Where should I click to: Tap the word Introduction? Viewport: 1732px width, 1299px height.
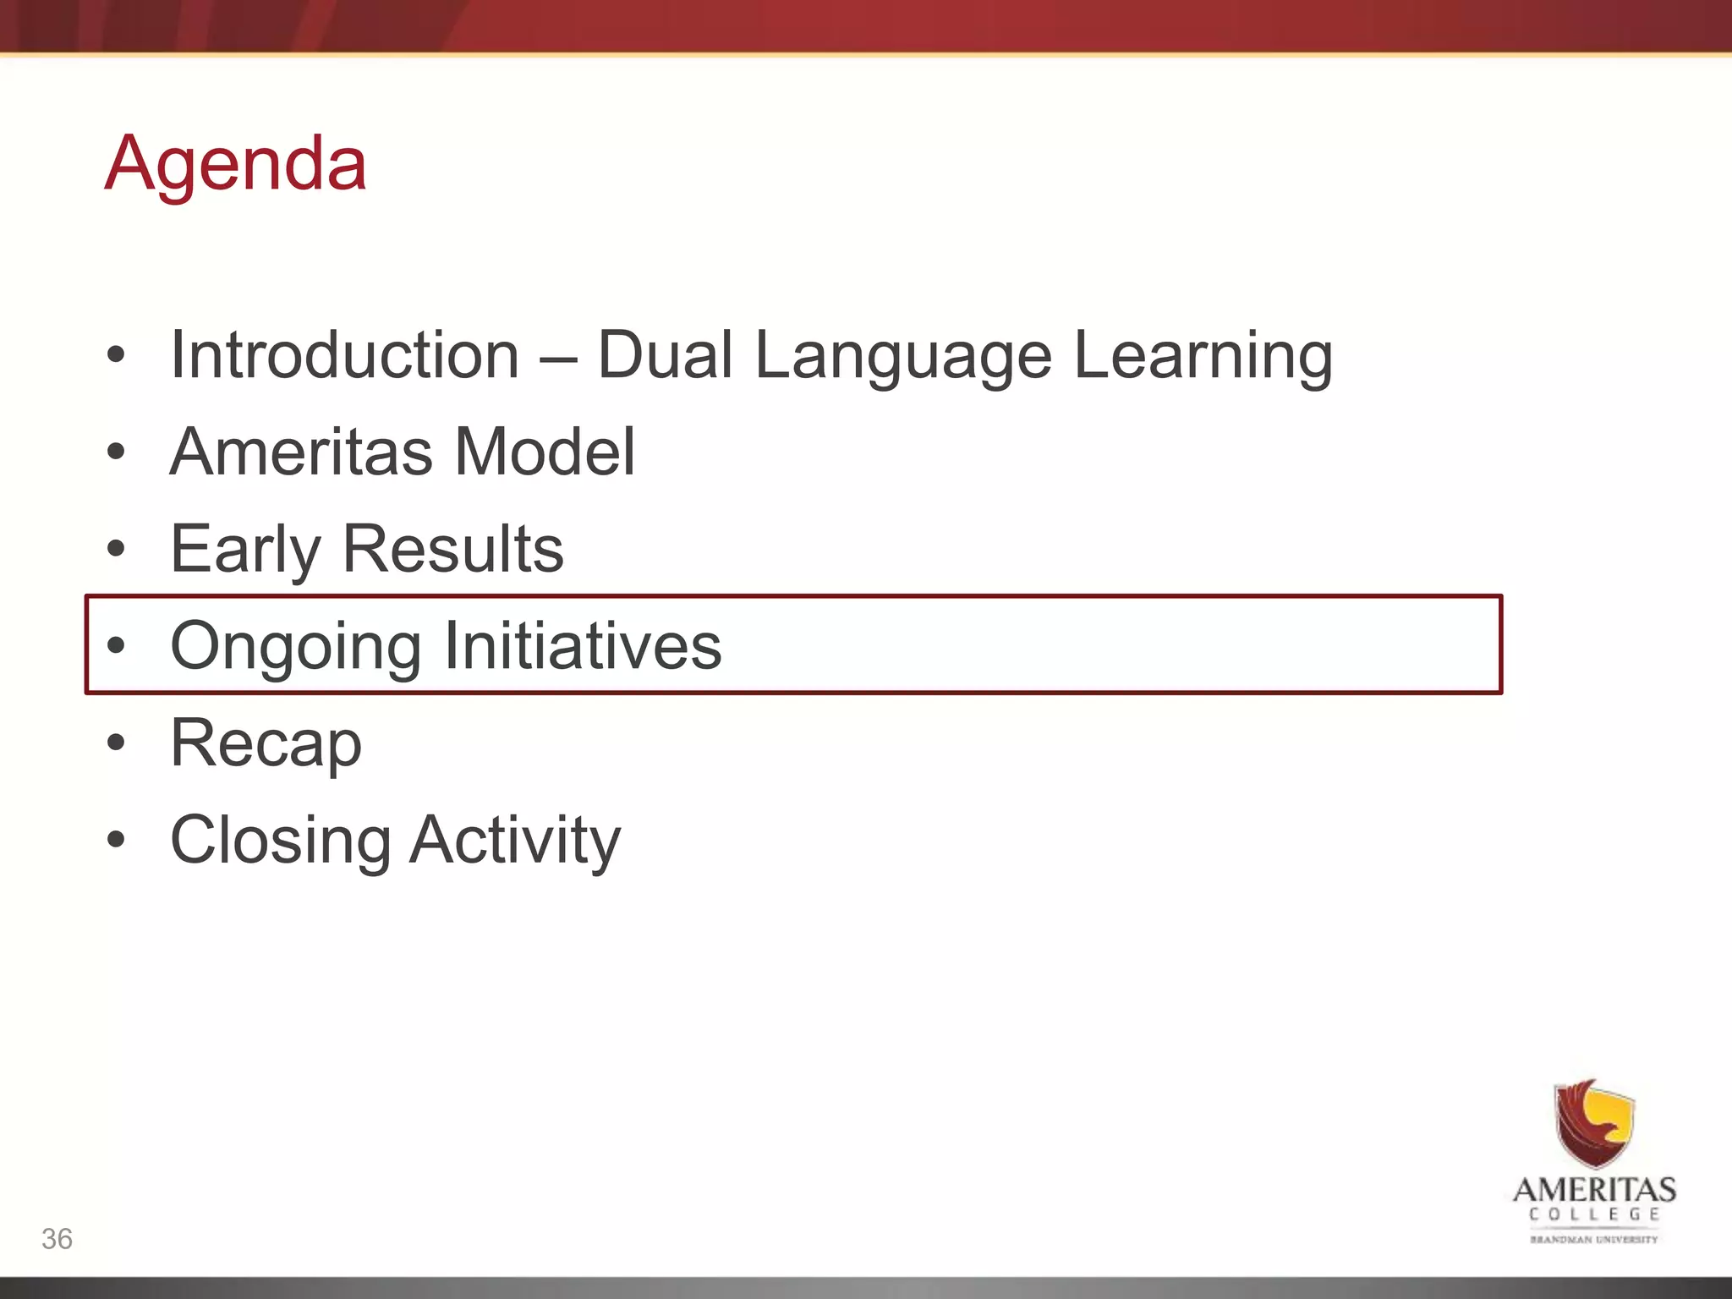pyautogui.click(x=344, y=355)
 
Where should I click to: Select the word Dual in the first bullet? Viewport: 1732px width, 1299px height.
pyautogui.click(x=665, y=355)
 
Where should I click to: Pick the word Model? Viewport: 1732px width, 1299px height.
pyautogui.click(x=545, y=452)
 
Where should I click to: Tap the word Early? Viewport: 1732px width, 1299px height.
pyautogui.click(x=245, y=550)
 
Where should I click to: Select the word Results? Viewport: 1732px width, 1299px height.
pyautogui.click(x=452, y=549)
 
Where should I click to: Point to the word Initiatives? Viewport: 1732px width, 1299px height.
pyautogui.click(x=582, y=646)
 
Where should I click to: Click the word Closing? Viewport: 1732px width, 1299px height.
pyautogui.click(x=281, y=841)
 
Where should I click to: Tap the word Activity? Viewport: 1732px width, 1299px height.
pyautogui.click(x=515, y=841)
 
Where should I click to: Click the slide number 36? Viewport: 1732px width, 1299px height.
pyautogui.click(x=57, y=1239)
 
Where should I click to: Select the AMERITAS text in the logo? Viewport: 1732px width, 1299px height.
pyautogui.click(x=1594, y=1190)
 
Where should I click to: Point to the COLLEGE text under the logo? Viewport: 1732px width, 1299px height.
pyautogui.click(x=1594, y=1214)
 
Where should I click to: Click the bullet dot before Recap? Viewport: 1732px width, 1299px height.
pyautogui.click(x=116, y=743)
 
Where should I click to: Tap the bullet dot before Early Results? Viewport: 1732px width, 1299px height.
pyautogui.click(x=116, y=549)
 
